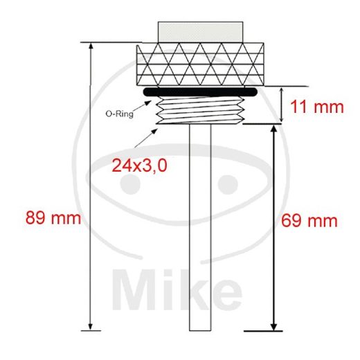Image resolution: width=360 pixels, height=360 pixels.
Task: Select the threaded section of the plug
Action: [200, 111]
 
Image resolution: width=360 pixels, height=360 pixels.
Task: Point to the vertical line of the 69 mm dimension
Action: [275, 228]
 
